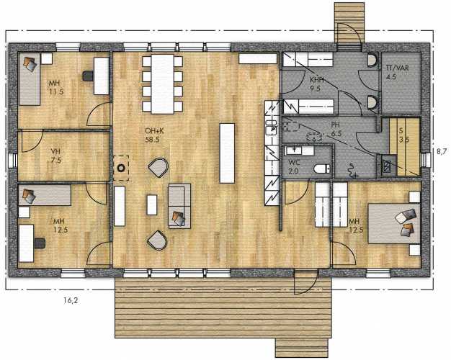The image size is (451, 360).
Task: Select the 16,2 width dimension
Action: click(x=71, y=301)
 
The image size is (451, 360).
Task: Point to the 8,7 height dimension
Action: click(x=442, y=151)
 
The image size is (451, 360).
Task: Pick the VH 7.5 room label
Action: click(x=56, y=156)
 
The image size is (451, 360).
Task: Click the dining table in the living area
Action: click(x=163, y=84)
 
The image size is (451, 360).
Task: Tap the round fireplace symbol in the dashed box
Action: click(x=121, y=168)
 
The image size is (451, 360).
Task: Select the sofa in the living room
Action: click(x=179, y=206)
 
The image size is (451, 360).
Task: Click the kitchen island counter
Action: click(x=227, y=153)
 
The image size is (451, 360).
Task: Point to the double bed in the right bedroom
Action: click(x=394, y=223)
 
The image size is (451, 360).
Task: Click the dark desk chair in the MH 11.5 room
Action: click(x=88, y=76)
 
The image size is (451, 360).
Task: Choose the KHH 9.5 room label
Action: click(x=316, y=84)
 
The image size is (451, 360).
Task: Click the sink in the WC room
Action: click(x=294, y=150)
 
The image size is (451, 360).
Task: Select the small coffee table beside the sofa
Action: click(x=152, y=204)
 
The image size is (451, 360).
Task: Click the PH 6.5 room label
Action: click(x=336, y=130)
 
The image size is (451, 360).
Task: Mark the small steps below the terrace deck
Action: click(x=302, y=348)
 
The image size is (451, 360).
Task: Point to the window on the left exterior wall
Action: click(x=12, y=160)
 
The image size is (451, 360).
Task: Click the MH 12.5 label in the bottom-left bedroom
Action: click(x=59, y=225)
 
